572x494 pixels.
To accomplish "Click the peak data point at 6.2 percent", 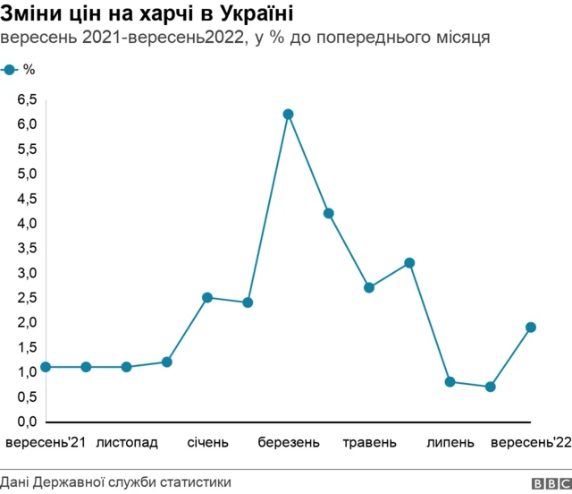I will coord(288,115).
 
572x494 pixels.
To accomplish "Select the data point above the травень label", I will coord(369,287).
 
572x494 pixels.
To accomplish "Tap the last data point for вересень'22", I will coord(531,328).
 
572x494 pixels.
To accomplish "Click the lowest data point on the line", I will coord(490,387).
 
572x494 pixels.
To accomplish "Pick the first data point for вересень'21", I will coord(46,367).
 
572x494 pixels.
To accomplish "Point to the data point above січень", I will coord(207,297).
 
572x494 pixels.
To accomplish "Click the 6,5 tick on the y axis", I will coord(27,99).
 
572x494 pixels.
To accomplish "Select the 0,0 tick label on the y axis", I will coord(27,422).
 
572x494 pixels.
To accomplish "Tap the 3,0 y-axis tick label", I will coord(27,273).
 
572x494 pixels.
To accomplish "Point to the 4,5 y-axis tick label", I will coord(27,199).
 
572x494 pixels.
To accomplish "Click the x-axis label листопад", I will coord(127,442).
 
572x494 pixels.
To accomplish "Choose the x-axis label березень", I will coord(288,442).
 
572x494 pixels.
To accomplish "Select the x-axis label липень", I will coord(450,442).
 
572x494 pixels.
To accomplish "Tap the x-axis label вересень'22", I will coord(531,442).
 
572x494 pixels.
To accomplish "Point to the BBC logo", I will coord(550,483).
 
